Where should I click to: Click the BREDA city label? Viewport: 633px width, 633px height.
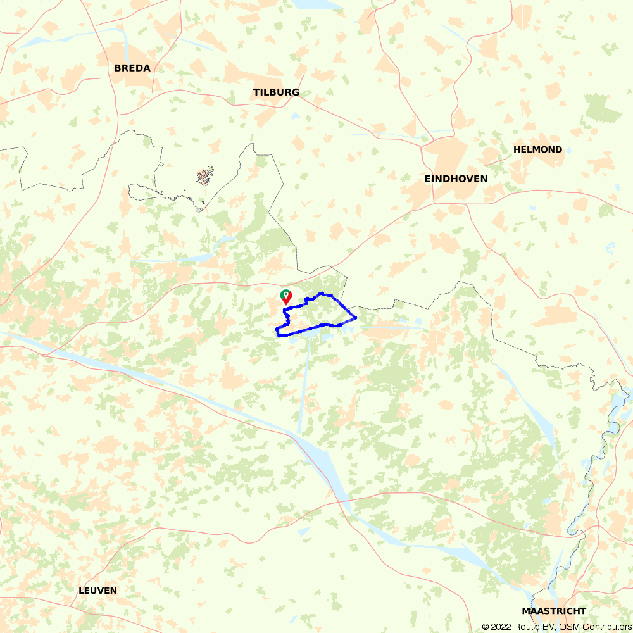pos(132,68)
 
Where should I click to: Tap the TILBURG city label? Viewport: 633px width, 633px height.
pos(276,92)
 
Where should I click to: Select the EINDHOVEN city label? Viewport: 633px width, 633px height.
pos(456,179)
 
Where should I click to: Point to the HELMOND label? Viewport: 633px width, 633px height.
pos(537,150)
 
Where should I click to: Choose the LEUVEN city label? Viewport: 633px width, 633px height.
pos(97,591)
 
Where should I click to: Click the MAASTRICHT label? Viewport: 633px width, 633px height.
pos(554,611)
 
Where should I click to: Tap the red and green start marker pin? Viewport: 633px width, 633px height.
pos(285,296)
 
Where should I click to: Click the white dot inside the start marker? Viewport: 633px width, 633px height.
pos(285,294)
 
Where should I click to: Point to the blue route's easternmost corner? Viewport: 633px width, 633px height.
pos(356,317)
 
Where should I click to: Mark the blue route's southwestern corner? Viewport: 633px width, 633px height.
pos(277,331)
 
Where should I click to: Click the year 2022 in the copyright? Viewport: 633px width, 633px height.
pos(500,627)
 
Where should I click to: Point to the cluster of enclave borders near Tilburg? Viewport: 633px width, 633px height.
pos(204,176)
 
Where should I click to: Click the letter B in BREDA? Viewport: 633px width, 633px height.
pos(118,68)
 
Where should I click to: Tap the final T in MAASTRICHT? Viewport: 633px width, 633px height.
pos(582,611)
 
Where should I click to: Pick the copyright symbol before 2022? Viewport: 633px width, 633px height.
pos(485,627)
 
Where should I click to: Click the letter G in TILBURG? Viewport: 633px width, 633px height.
pos(295,92)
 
